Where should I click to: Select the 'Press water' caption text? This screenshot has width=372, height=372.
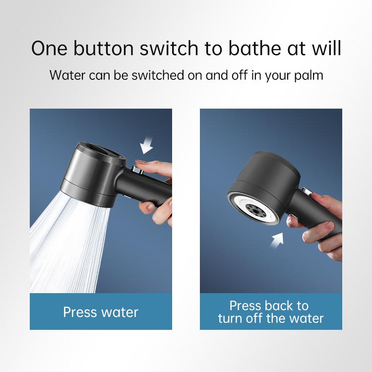click(101, 312)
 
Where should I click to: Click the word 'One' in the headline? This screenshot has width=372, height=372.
click(49, 48)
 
